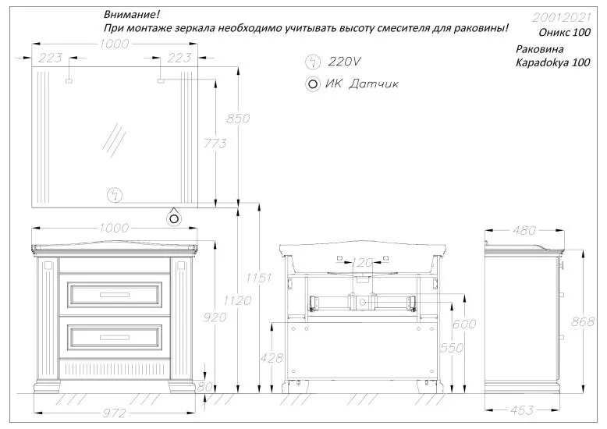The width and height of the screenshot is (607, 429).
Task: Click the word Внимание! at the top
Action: point(130,16)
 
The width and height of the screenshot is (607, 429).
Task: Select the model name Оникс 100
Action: point(564,34)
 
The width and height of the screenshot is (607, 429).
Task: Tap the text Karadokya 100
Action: point(553,63)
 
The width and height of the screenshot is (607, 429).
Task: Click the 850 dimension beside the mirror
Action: point(238,119)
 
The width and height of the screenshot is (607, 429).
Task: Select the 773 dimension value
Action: point(215,143)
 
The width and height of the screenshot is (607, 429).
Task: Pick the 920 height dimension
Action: point(214,317)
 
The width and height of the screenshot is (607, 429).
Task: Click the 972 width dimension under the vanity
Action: point(115,413)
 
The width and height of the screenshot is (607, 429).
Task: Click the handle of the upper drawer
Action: point(115,294)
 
